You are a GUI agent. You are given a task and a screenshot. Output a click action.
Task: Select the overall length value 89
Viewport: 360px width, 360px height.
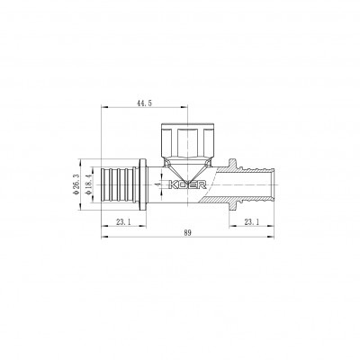(185, 232)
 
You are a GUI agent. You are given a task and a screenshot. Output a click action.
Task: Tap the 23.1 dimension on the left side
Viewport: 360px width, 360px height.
(124, 220)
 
